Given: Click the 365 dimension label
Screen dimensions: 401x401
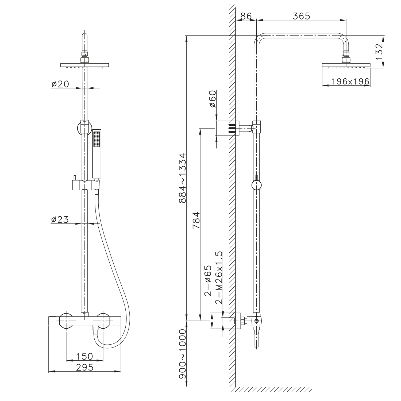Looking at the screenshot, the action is pyautogui.click(x=301, y=16).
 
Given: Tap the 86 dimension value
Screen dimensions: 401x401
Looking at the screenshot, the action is pyautogui.click(x=246, y=16).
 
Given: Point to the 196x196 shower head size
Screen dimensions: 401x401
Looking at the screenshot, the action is pyautogui.click(x=350, y=81).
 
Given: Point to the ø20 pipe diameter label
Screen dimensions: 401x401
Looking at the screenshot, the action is pyautogui.click(x=60, y=84).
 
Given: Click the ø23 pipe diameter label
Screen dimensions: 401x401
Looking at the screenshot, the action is pyautogui.click(x=60, y=220).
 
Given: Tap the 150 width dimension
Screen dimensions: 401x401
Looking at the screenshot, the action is pyautogui.click(x=84, y=356).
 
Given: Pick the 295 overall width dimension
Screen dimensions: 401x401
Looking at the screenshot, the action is pyautogui.click(x=85, y=367).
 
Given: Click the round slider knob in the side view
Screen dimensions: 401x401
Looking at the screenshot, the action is pyautogui.click(x=256, y=185).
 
